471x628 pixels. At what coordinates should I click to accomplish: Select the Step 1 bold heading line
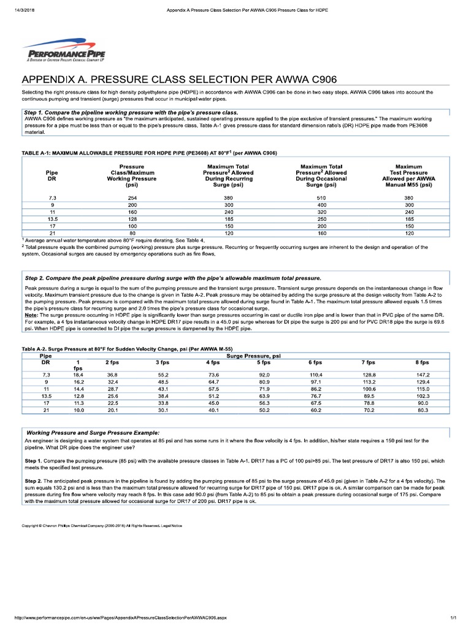tap(131, 113)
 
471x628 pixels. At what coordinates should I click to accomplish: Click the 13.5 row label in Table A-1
tap(52, 218)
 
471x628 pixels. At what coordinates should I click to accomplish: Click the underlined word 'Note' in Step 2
tap(31, 315)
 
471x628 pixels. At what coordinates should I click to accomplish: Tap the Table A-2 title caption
tap(135, 348)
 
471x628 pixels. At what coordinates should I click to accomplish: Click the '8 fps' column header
tap(423, 362)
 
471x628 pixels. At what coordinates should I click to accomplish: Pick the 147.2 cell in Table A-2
tap(423, 374)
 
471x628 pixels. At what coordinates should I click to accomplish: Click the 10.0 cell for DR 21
tap(78, 410)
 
